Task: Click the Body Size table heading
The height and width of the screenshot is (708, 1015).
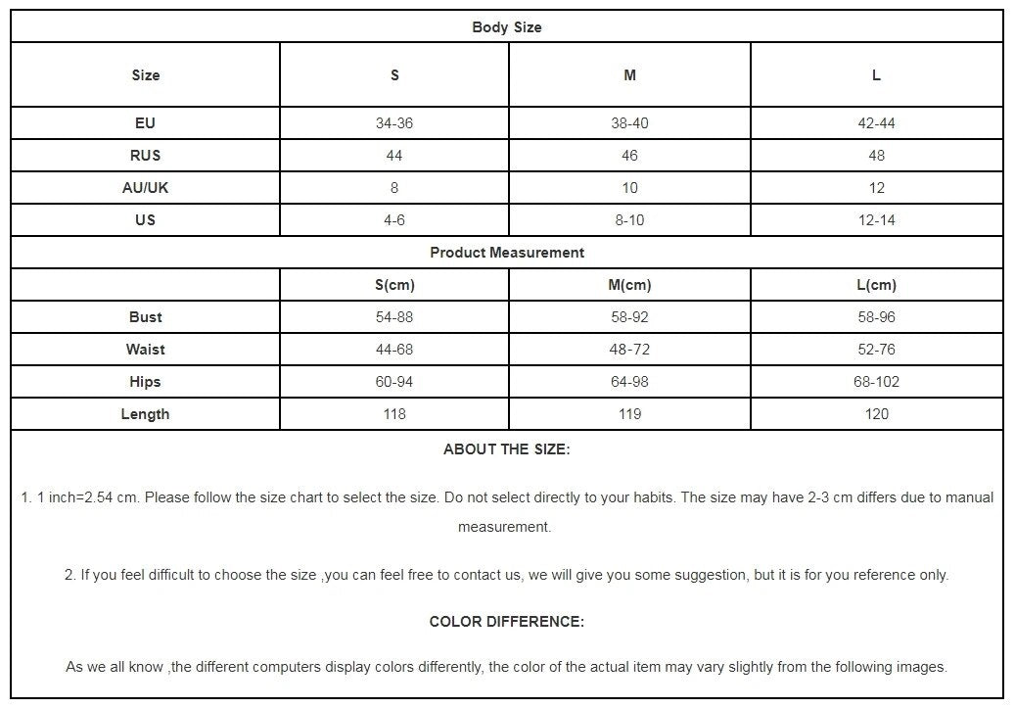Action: [x=506, y=27]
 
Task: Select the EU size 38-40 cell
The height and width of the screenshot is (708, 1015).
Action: [x=629, y=123]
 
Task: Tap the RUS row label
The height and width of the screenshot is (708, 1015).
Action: [x=145, y=156]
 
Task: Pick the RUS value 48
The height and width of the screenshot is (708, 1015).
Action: [x=876, y=156]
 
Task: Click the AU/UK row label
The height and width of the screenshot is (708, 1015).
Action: [x=145, y=188]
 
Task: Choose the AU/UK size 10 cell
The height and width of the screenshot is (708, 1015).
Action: [x=629, y=188]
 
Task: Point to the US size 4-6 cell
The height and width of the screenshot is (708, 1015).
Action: [x=394, y=220]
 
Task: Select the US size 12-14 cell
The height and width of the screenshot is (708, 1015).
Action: [x=876, y=220]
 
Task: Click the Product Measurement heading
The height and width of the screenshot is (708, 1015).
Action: [x=506, y=253]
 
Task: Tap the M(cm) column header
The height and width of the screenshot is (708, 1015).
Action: [x=629, y=285]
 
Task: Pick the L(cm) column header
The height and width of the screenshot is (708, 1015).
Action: [x=876, y=285]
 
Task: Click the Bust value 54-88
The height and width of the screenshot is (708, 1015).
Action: [x=394, y=317]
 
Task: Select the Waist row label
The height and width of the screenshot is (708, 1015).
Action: [x=145, y=350]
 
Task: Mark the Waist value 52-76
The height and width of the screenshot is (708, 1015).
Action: [x=876, y=350]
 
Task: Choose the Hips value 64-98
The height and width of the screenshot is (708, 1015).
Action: [x=629, y=382]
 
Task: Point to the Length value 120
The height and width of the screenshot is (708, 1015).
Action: [x=876, y=414]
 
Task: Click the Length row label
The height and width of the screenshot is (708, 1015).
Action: [x=145, y=414]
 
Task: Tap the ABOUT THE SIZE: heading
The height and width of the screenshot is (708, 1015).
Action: [x=506, y=450]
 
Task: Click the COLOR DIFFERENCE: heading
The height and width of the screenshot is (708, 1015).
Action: [x=506, y=622]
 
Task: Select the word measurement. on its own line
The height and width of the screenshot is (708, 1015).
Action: [x=504, y=527]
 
